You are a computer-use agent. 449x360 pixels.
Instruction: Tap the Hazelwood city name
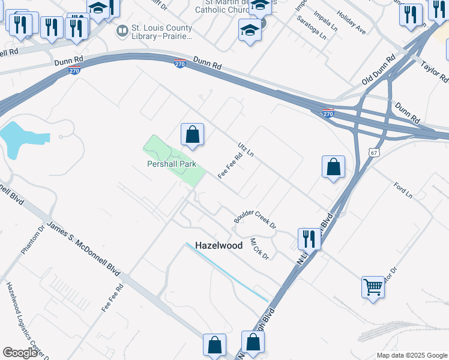pos(218,245)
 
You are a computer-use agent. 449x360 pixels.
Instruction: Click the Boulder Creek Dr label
pos(255,218)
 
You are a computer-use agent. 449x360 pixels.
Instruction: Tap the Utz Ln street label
pos(246,149)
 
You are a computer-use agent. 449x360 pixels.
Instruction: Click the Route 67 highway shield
pos(374,153)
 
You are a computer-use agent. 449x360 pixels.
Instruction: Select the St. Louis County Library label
pos(155,32)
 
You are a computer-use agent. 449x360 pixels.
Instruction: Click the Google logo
pos(20,353)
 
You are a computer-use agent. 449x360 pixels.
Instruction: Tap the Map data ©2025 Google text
pos(412,355)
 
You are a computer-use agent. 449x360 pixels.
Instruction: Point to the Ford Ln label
pos(403,190)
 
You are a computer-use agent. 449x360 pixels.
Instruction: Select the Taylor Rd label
pos(435,71)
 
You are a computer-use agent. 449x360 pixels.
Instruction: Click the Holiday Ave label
pos(351,22)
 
